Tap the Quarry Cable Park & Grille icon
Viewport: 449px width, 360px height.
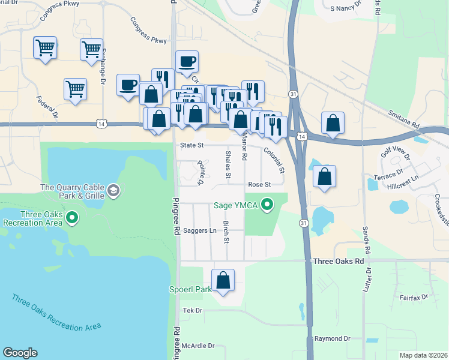(113, 191)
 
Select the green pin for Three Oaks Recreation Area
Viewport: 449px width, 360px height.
(72, 217)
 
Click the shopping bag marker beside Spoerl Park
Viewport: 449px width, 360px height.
(223, 280)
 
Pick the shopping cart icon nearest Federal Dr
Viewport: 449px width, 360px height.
(75, 90)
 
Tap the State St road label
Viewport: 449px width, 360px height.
(192, 145)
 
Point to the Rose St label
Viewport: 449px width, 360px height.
(260, 184)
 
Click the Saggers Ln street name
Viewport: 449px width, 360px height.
(199, 230)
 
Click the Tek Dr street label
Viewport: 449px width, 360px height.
(193, 310)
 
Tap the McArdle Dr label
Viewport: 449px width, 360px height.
(198, 346)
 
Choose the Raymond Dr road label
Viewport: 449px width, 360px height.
(332, 339)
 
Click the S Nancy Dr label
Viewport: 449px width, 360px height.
(345, 9)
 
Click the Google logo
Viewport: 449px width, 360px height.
(20, 353)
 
